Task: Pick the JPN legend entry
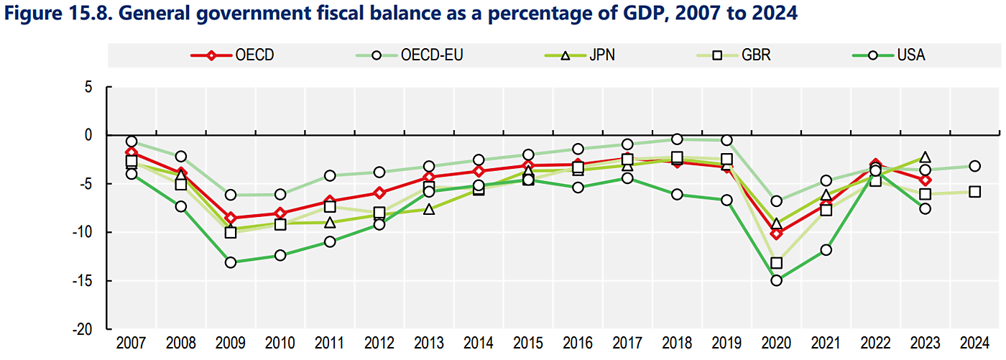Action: [583, 55]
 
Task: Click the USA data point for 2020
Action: [776, 280]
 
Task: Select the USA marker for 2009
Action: [231, 262]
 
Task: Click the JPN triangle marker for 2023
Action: [925, 157]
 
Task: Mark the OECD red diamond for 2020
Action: [776, 234]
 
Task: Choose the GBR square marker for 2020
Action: [776, 263]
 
